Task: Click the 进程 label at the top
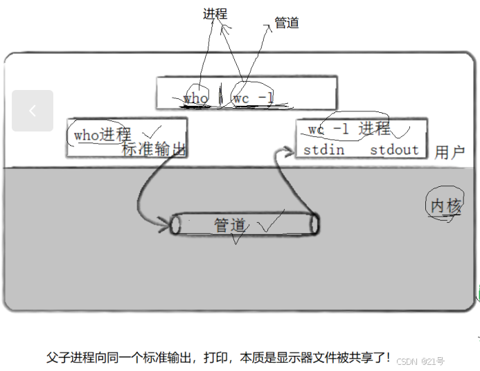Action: click(x=215, y=14)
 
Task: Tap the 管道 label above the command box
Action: click(x=287, y=23)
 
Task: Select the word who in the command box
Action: click(x=196, y=98)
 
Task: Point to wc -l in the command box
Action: click(x=253, y=98)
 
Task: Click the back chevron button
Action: click(x=33, y=111)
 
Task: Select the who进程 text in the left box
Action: click(x=103, y=134)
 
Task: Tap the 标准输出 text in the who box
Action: click(x=154, y=148)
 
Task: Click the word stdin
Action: click(x=323, y=150)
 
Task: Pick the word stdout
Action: click(x=394, y=150)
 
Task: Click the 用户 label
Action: click(x=450, y=152)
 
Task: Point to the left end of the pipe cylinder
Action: click(x=176, y=224)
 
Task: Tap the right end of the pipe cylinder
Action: click(x=314, y=224)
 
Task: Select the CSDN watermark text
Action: click(x=421, y=361)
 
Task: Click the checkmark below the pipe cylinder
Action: click(x=238, y=239)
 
